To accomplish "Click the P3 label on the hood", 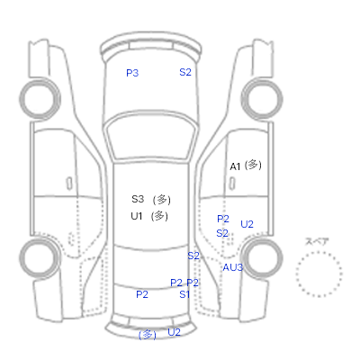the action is (x=132, y=73).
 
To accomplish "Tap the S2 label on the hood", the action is (x=185, y=72).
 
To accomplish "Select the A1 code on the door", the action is (x=235, y=166).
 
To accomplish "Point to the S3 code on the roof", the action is (x=138, y=199).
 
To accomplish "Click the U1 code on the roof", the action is (x=137, y=216).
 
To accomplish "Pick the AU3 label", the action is (x=232, y=267).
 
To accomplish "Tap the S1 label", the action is (x=184, y=294).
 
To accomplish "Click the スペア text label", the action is (x=317, y=241).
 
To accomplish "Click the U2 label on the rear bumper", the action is (x=174, y=332).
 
